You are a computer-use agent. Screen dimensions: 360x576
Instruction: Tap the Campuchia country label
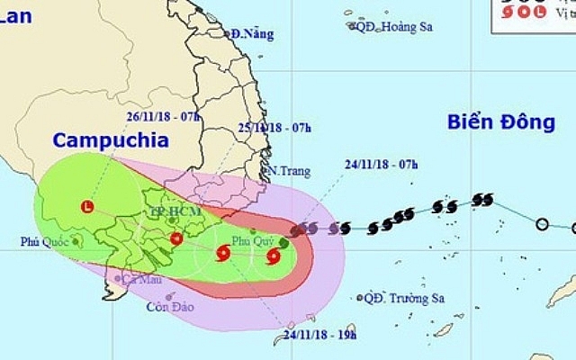(x=110, y=139)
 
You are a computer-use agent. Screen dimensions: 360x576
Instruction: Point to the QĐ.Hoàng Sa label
(x=394, y=27)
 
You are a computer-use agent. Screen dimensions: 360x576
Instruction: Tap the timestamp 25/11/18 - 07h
(x=275, y=128)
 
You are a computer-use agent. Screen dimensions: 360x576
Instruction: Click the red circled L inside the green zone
(x=86, y=206)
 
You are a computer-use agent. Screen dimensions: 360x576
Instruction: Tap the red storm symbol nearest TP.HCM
(x=176, y=239)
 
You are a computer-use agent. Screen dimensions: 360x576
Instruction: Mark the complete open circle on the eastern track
(x=542, y=224)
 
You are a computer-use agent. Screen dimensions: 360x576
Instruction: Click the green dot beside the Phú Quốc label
(x=77, y=241)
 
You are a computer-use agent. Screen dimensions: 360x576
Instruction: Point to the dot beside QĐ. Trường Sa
(x=361, y=298)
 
